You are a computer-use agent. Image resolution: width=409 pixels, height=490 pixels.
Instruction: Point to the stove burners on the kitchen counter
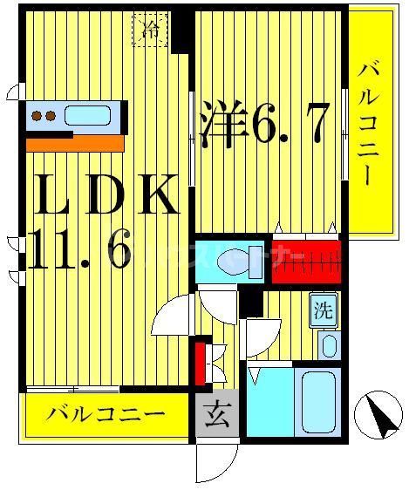44,115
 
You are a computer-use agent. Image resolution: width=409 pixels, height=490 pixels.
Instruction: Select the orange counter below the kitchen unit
73,143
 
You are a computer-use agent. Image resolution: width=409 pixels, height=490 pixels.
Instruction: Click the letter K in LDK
157,199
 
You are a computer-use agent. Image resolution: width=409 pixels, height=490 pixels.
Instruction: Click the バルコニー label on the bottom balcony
106,415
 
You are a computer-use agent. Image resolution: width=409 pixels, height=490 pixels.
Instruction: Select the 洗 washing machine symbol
324,309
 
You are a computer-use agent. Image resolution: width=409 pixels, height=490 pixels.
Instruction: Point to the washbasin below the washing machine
328,344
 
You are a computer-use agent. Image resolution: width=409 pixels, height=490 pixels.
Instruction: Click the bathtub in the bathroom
318,400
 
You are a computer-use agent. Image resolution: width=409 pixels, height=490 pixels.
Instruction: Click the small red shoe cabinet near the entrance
200,364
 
